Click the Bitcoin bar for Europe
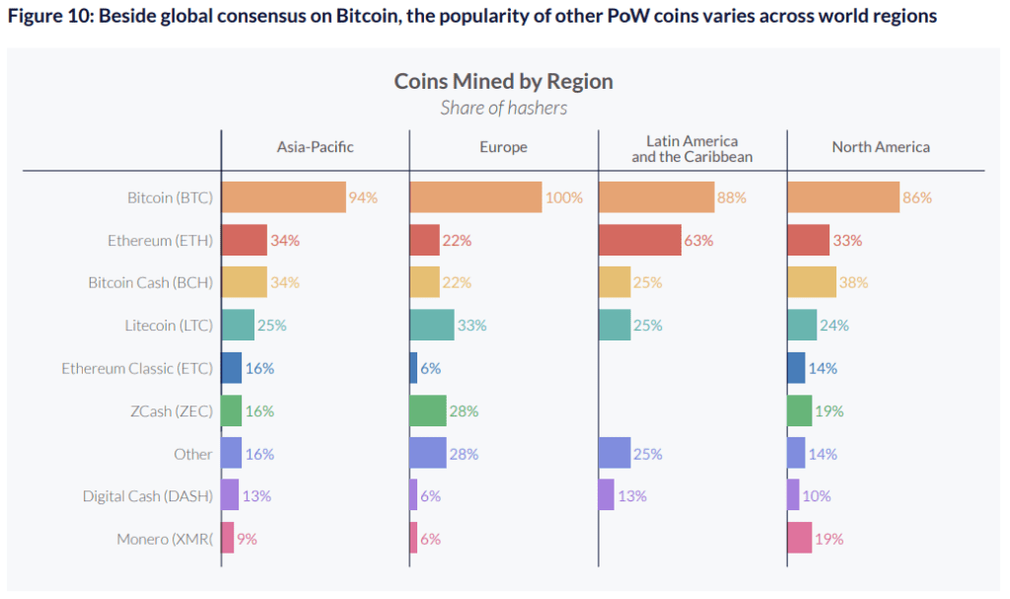tap(475, 197)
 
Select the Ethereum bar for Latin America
tap(639, 240)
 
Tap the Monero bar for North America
tap(799, 538)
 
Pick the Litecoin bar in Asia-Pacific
tap(238, 325)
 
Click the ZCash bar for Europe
tap(428, 411)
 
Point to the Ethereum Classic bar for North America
tap(796, 368)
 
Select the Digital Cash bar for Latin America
tap(606, 495)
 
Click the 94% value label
tap(363, 197)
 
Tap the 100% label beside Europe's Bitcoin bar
tap(564, 197)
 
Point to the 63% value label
tap(698, 240)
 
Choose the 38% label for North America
tap(854, 282)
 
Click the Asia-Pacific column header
tap(315, 147)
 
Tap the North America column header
tap(881, 147)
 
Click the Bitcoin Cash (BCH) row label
tap(150, 282)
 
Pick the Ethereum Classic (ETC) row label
tap(137, 368)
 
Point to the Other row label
tap(192, 454)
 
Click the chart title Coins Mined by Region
tap(503, 81)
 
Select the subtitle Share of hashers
tap(503, 108)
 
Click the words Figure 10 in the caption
tap(44, 17)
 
